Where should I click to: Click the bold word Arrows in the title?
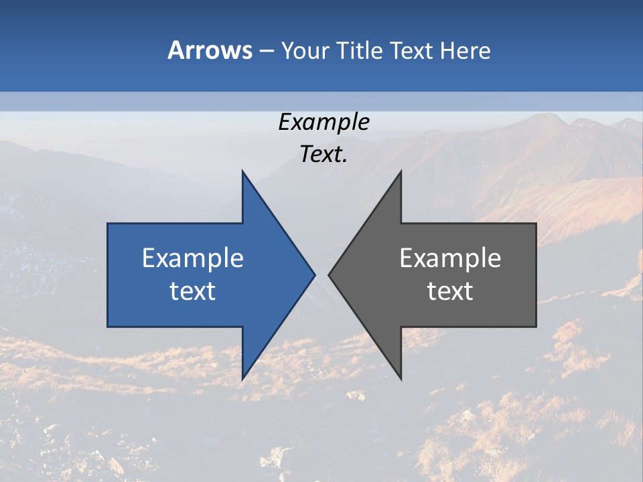pyautogui.click(x=210, y=50)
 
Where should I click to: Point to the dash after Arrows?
pyautogui.click(x=266, y=52)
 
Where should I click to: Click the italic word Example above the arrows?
pyautogui.click(x=324, y=123)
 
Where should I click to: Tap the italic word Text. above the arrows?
pyautogui.click(x=324, y=155)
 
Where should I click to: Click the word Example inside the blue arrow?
pyautogui.click(x=193, y=258)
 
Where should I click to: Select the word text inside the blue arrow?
pyautogui.click(x=193, y=291)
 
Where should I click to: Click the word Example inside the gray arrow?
pyautogui.click(x=450, y=258)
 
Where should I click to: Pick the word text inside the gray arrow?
pyautogui.click(x=450, y=291)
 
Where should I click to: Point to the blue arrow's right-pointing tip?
pyautogui.click(x=314, y=274)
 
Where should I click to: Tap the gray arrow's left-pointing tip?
pyautogui.click(x=330, y=274)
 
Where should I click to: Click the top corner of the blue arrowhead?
pyautogui.click(x=242, y=171)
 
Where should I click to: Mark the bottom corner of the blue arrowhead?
pyautogui.click(x=242, y=379)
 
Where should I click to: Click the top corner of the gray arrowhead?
pyautogui.click(x=401, y=171)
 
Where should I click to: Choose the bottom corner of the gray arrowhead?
pyautogui.click(x=401, y=379)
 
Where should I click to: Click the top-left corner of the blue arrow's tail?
pyautogui.click(x=109, y=224)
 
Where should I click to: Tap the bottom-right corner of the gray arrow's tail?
pyautogui.click(x=535, y=326)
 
